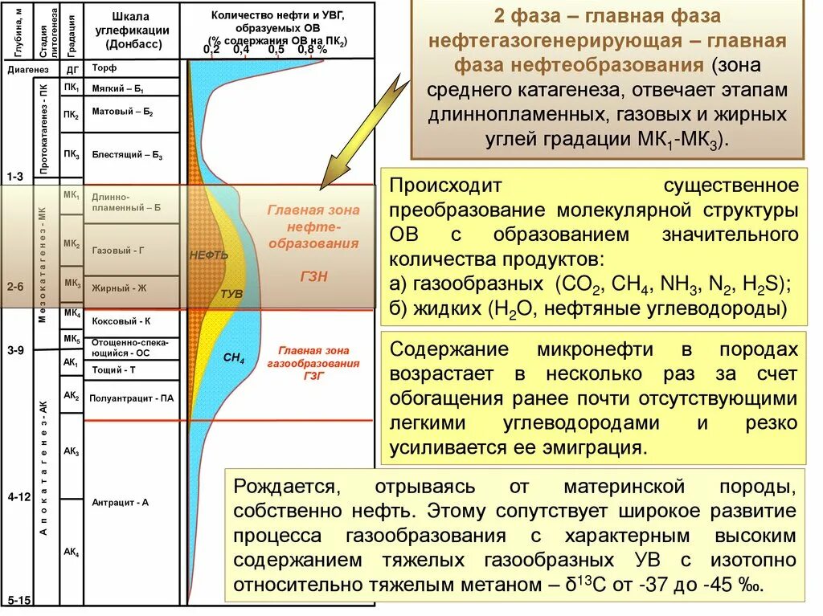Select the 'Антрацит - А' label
(120, 502)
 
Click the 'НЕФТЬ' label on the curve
(209, 255)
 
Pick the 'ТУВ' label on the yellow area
(231, 294)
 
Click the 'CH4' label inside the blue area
(234, 358)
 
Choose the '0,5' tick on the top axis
(276, 49)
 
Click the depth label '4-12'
(18, 497)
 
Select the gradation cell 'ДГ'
(71, 69)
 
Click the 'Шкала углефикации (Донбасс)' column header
(131, 31)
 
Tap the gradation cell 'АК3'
(71, 452)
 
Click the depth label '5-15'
(18, 600)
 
